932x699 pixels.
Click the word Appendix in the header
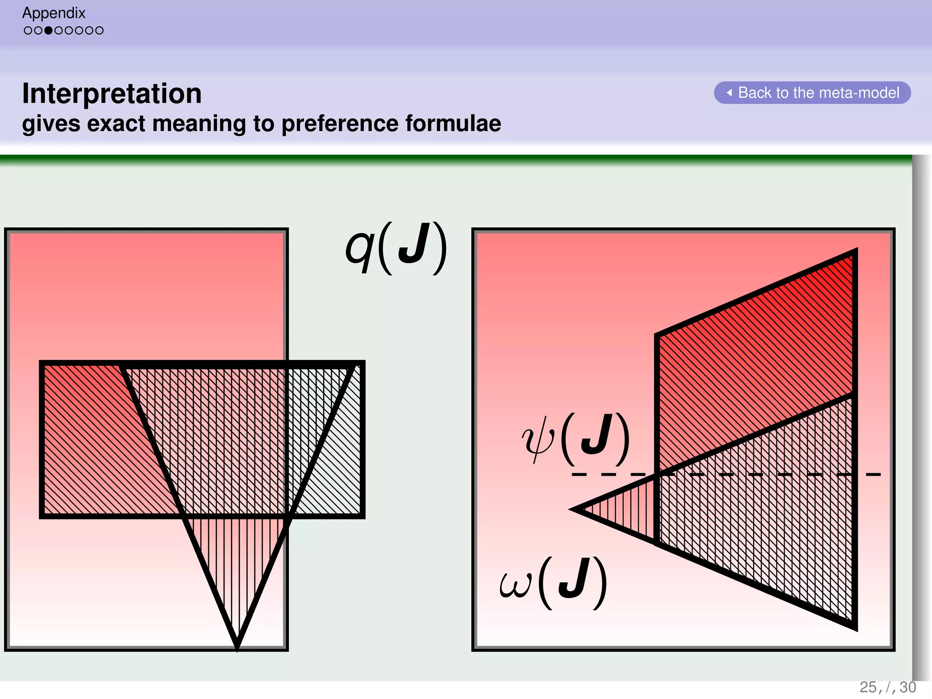pyautogui.click(x=54, y=13)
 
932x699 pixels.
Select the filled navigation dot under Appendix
pyautogui.click(x=48, y=30)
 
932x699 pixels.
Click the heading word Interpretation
pyautogui.click(x=111, y=93)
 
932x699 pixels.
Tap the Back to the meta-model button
pyautogui.click(x=812, y=93)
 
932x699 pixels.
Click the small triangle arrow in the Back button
pyautogui.click(x=729, y=93)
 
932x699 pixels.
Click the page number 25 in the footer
pyautogui.click(x=867, y=687)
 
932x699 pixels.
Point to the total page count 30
pyautogui.click(x=908, y=687)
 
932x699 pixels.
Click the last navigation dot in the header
pyautogui.click(x=99, y=30)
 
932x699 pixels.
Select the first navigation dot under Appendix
pyautogui.click(x=28, y=30)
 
